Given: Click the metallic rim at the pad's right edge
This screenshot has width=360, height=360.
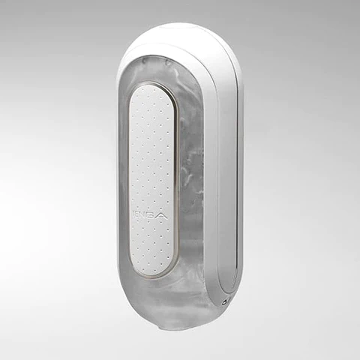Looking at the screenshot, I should click(x=178, y=180).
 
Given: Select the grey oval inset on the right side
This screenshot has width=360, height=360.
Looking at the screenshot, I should click(x=229, y=172).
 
